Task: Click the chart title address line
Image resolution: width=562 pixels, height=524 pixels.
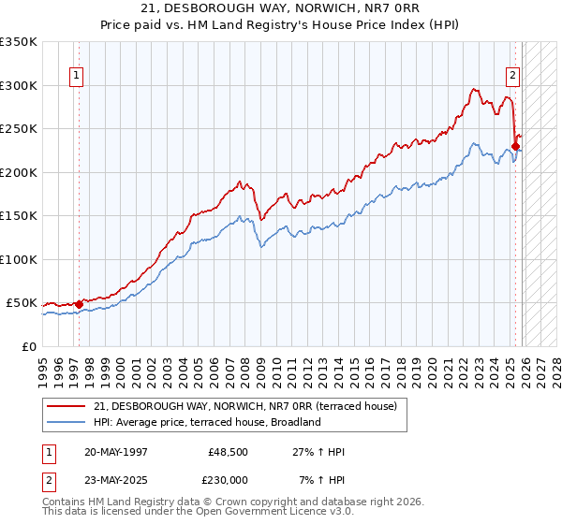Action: point(281,8)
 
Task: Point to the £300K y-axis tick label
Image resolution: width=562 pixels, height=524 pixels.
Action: point(18,85)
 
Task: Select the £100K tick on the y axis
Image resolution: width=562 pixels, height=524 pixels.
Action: point(18,259)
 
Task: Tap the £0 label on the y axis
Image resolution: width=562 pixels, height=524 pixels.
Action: point(28,346)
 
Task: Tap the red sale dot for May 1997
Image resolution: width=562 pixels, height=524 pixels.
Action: point(79,304)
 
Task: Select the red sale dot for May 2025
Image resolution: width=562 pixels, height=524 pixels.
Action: point(515,147)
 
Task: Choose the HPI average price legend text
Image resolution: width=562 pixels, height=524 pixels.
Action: point(207,422)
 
